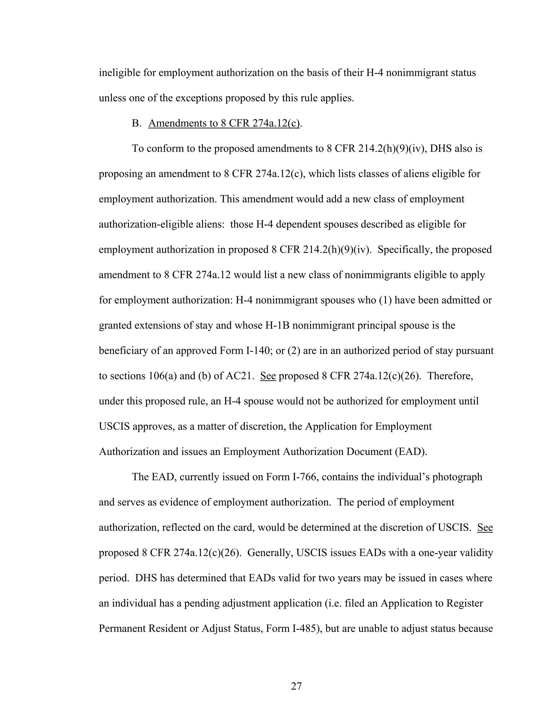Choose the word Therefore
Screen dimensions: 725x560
(450, 376)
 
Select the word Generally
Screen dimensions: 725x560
(269, 553)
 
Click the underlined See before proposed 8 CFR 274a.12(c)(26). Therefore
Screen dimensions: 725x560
(268, 376)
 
